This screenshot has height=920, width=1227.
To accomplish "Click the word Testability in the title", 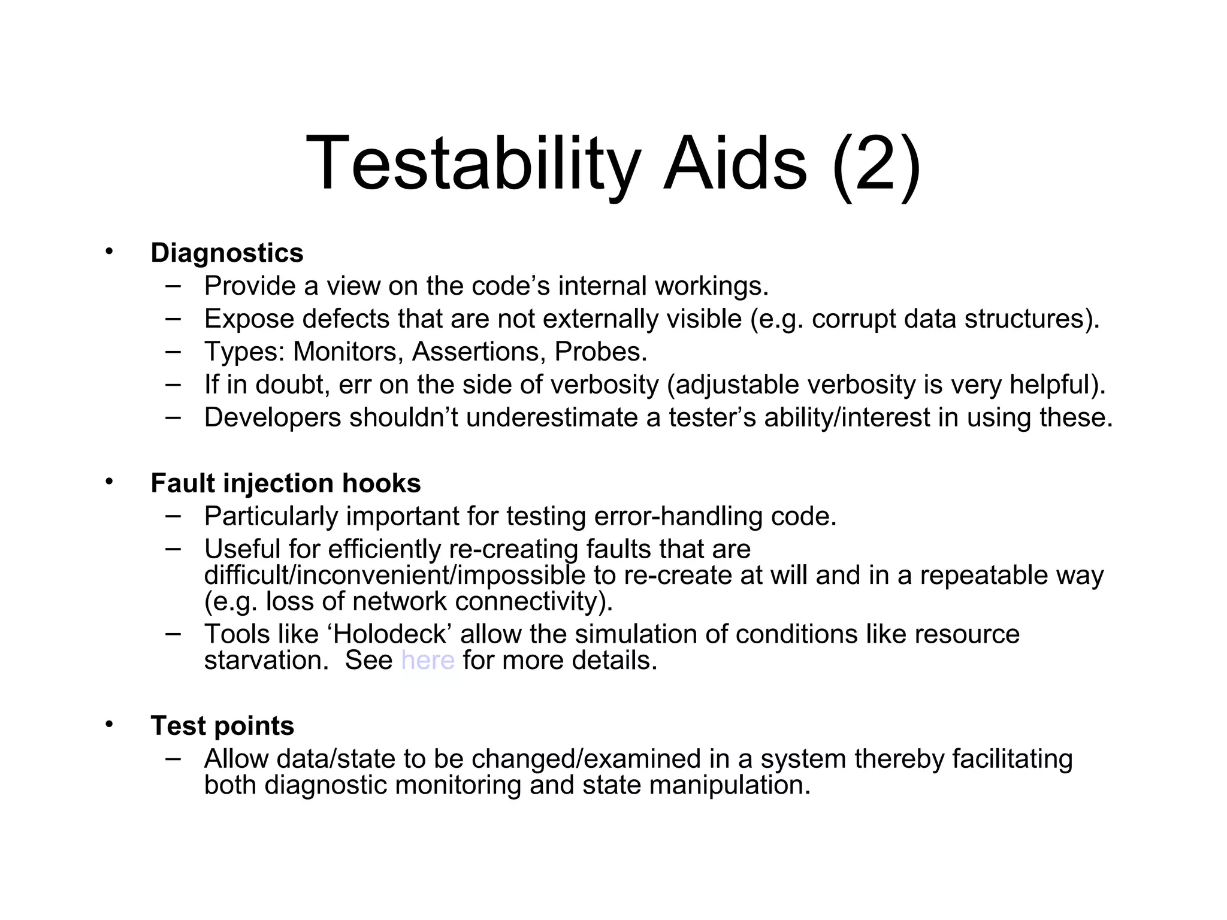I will [472, 164].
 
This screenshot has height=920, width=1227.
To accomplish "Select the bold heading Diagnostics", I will [226, 253].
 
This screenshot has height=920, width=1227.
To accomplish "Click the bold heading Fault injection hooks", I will [285, 483].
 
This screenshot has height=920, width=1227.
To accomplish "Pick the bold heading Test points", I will [222, 726].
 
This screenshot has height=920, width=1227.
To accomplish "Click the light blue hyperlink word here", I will [428, 661].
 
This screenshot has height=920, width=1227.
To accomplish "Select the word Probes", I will [600, 352].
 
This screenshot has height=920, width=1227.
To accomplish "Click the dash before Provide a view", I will [173, 285].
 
